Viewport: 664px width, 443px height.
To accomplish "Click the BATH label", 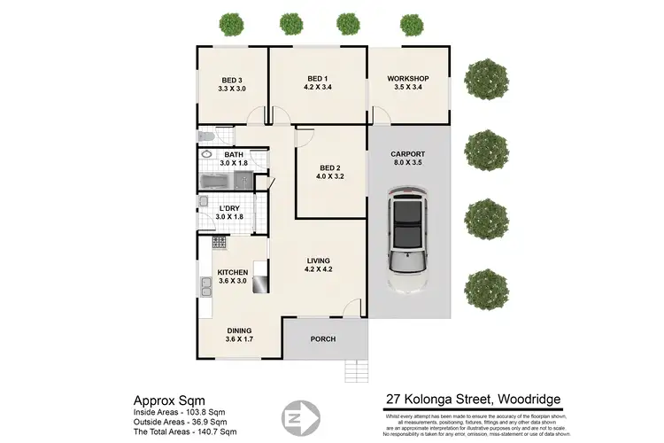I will [234, 154].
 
